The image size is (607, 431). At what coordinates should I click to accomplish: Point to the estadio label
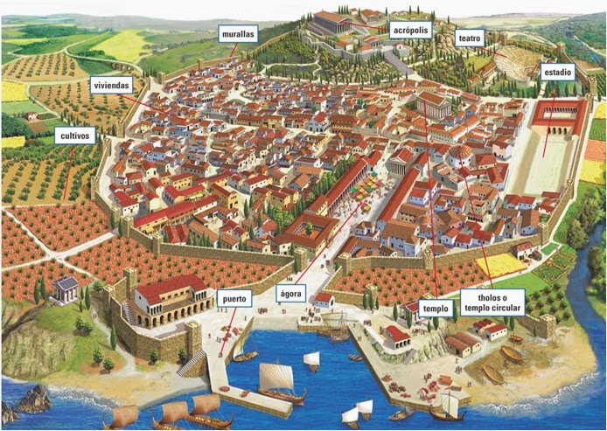coord(557,72)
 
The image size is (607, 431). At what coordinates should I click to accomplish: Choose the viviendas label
coord(111,85)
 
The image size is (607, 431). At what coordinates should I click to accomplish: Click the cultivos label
coord(74,136)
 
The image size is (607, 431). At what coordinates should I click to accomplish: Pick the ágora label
coord(292,294)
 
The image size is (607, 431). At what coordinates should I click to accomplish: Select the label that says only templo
coord(435,309)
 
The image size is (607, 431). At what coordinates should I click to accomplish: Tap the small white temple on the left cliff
coord(65,288)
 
